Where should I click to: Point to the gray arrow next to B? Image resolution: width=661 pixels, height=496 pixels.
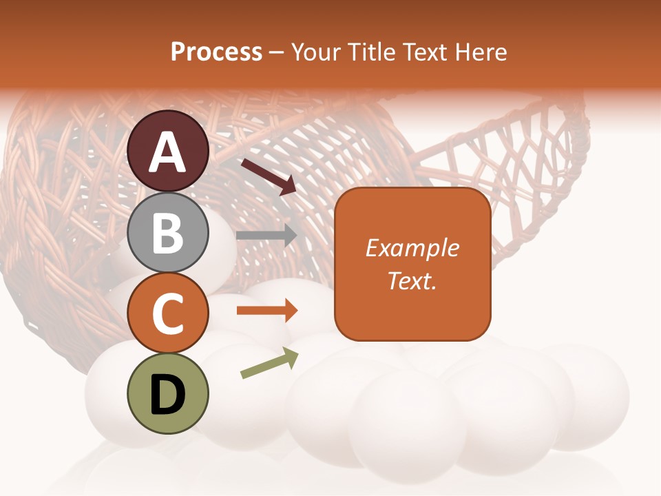click(x=266, y=235)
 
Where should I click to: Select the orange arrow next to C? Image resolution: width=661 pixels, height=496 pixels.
click(x=266, y=311)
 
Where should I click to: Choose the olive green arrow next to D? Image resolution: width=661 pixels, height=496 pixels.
click(x=269, y=364)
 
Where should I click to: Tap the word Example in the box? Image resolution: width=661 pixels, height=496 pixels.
click(x=412, y=248)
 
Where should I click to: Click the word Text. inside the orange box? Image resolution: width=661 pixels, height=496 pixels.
click(x=412, y=281)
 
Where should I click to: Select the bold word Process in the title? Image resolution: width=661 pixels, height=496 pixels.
click(x=216, y=52)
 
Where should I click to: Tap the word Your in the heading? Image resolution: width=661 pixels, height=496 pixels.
click(x=316, y=52)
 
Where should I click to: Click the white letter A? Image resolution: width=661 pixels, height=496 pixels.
click(x=168, y=152)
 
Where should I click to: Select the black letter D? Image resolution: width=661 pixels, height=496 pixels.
click(x=168, y=395)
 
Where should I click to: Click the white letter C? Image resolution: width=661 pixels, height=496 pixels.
click(x=168, y=313)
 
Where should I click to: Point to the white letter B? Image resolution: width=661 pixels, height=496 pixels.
click(x=168, y=233)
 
